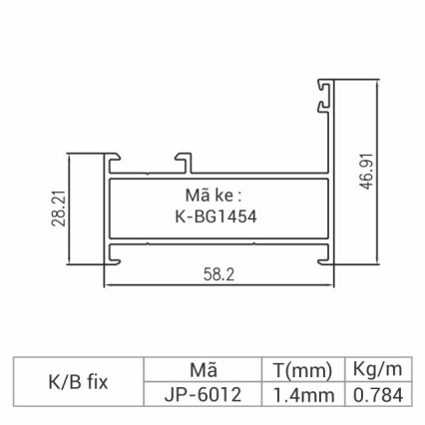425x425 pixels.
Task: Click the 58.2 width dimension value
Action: tap(218, 274)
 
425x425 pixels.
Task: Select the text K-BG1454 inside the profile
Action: tap(215, 216)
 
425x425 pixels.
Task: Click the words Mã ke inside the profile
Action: tap(213, 195)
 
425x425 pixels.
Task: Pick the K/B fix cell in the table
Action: tap(78, 381)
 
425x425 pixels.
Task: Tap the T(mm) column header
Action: tap(301, 369)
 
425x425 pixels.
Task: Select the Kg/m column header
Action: tap(377, 369)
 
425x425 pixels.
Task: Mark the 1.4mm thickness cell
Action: tap(301, 394)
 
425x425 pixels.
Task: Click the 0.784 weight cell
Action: tap(377, 394)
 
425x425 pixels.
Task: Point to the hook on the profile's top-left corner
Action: tap(113, 159)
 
